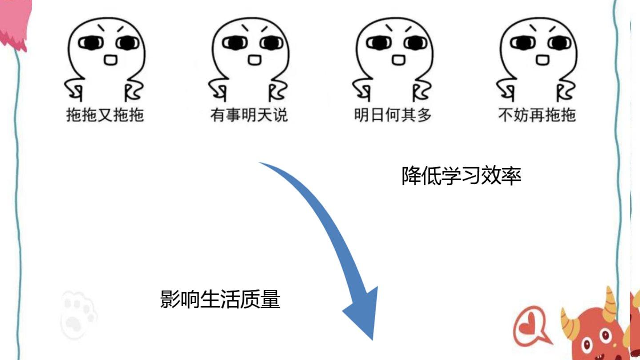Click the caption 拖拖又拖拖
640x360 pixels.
pos(105,115)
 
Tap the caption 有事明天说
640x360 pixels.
pos(249,115)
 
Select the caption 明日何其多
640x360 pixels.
pos(393,115)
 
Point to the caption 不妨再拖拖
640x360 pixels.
pos(537,115)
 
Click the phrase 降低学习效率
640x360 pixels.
pos(461,176)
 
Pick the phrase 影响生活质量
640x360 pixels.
pos(220,299)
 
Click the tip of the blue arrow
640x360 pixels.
pos(372,338)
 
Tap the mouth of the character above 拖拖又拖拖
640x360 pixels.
pos(110,59)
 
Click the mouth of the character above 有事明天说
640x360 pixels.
pos(254,59)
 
